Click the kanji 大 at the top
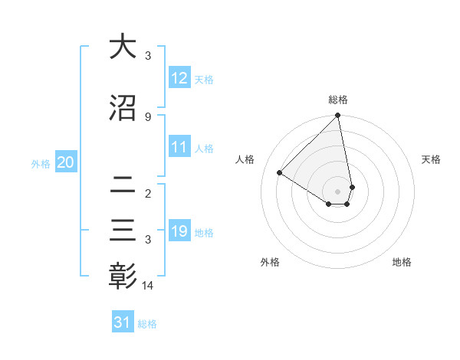pyautogui.click(x=123, y=47)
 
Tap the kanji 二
pyautogui.click(x=123, y=184)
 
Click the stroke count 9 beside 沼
pyautogui.click(x=148, y=116)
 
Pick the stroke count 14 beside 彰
pyautogui.click(x=149, y=286)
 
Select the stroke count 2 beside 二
pyautogui.click(x=148, y=193)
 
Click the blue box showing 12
pyautogui.click(x=179, y=78)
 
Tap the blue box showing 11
pyautogui.click(x=179, y=147)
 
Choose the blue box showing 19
pyautogui.click(x=179, y=231)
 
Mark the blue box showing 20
pyautogui.click(x=65, y=162)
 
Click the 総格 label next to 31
pyautogui.click(x=147, y=324)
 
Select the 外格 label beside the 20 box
pyautogui.click(x=41, y=163)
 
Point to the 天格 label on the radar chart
pyautogui.click(x=432, y=159)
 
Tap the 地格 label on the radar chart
pyautogui.click(x=402, y=262)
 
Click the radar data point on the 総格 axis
pyautogui.click(x=338, y=116)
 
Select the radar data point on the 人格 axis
pyautogui.click(x=280, y=173)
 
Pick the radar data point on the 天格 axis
pyautogui.click(x=352, y=187)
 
